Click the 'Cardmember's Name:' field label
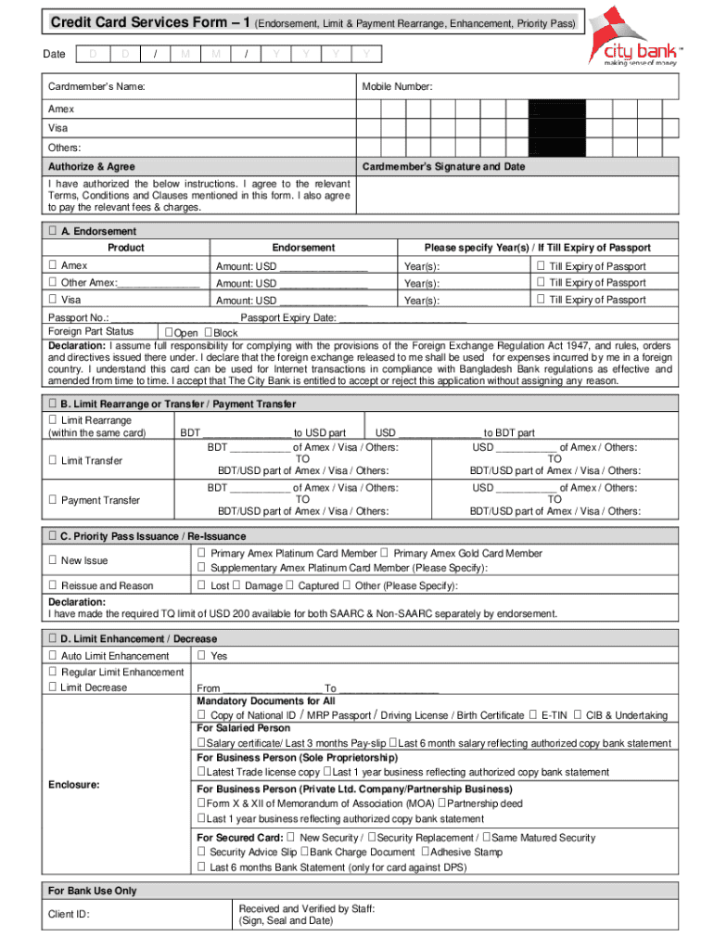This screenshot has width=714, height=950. point(96,87)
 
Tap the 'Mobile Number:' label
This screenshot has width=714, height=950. point(397,87)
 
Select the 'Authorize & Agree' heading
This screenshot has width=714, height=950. point(92,167)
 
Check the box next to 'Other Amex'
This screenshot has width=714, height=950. point(53,283)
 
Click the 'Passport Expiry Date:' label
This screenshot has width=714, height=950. point(287,317)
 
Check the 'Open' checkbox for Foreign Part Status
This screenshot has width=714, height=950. point(168,333)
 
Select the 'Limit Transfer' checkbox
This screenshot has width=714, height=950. point(53,461)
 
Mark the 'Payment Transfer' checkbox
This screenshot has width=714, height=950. point(53,501)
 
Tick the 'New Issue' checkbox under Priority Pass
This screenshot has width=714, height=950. point(53,560)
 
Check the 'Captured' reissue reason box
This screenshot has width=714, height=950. point(290,585)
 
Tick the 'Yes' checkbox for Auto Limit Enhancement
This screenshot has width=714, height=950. point(201,656)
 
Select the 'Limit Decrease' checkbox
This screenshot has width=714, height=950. point(53,687)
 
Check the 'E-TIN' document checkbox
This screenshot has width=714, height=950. point(533,715)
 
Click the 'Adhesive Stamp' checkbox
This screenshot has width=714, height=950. point(425,852)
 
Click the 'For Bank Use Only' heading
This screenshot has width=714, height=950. point(92,891)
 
